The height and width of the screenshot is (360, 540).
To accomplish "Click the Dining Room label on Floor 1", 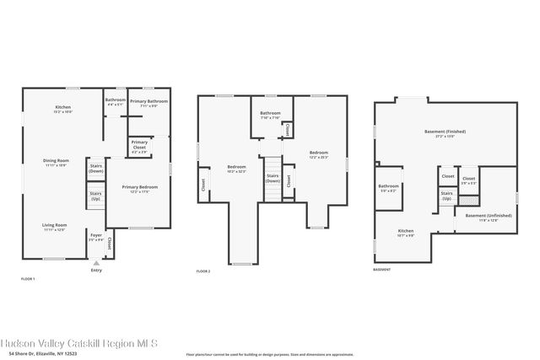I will pyautogui.click(x=57, y=162).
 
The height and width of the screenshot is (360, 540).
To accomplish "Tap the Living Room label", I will pyautogui.click(x=55, y=226).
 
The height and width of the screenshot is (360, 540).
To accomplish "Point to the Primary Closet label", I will pyautogui.click(x=139, y=145).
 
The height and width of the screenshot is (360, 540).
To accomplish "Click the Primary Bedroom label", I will pyautogui.click(x=139, y=188).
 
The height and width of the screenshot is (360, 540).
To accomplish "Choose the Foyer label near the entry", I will pyautogui.click(x=96, y=238).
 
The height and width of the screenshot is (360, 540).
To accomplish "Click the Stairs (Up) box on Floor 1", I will pyautogui.click(x=95, y=198).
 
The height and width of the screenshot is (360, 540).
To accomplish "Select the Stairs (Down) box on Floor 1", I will pyautogui.click(x=95, y=168).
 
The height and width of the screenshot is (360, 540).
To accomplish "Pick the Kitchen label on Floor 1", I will pyautogui.click(x=63, y=109).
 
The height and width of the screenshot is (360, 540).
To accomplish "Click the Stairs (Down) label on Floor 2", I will pyautogui.click(x=273, y=179).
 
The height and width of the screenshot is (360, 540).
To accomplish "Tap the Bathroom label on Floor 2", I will pyautogui.click(x=270, y=115).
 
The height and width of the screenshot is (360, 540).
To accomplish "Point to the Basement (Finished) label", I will pyautogui.click(x=445, y=133).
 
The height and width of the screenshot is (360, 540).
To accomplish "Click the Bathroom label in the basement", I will pyautogui.click(x=388, y=187).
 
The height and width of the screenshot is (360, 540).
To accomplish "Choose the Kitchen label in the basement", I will pyautogui.click(x=406, y=232).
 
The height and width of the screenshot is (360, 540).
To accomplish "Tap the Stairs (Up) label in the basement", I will pyautogui.click(x=446, y=196).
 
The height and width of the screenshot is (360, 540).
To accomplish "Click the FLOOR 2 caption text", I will pyautogui.click(x=202, y=271).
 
